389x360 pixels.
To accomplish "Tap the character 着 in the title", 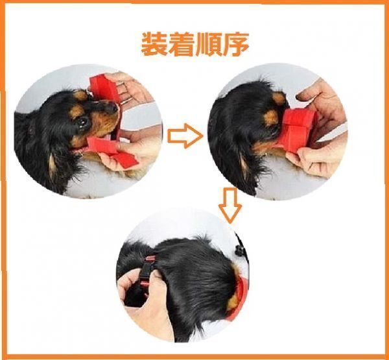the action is click(182, 44).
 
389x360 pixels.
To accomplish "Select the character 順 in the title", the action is click(209, 44).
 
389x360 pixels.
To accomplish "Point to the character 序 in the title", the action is click(235, 44).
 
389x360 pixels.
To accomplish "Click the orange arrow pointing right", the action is click(185, 136).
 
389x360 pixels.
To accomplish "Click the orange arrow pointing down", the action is click(230, 205).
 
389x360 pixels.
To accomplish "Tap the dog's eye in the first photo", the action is click(82, 123).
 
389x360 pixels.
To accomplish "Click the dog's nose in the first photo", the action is click(113, 107).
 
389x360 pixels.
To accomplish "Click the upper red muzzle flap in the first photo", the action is click(104, 88).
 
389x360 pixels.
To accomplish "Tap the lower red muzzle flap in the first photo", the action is click(113, 151).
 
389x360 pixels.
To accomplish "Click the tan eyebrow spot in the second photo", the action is click(270, 117).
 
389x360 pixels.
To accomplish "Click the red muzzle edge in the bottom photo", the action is click(239, 298).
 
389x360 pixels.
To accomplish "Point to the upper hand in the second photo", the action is click(322, 107).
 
